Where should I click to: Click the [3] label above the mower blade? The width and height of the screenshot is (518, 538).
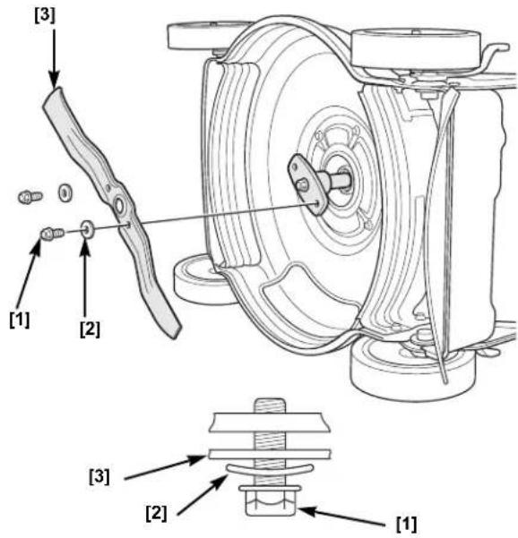(x=45, y=16)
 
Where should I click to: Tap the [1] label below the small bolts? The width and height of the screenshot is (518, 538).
(x=20, y=320)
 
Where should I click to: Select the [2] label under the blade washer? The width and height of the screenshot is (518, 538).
(x=90, y=329)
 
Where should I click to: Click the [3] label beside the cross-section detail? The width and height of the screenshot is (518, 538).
(x=99, y=476)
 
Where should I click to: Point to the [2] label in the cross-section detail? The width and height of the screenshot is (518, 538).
(x=156, y=514)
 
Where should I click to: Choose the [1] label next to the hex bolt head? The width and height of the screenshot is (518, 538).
(x=407, y=524)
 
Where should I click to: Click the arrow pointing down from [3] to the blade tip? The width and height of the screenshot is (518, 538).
(x=55, y=59)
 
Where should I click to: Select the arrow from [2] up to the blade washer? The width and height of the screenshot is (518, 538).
(x=85, y=278)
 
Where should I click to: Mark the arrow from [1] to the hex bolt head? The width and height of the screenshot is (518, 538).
(x=341, y=517)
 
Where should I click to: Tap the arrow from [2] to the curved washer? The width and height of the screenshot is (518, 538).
(x=202, y=495)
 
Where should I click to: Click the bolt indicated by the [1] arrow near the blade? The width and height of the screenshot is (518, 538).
(x=52, y=234)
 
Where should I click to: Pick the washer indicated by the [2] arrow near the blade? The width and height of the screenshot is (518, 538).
(x=87, y=229)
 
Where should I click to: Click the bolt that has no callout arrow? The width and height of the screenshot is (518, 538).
(x=30, y=197)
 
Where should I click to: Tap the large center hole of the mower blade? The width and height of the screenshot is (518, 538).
(x=119, y=206)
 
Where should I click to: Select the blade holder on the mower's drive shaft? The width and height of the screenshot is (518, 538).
(x=307, y=184)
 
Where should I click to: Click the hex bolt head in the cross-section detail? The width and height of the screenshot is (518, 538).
(x=270, y=501)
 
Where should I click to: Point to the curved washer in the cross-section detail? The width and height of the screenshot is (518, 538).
(x=270, y=471)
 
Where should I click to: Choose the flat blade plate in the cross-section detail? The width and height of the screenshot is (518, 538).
(x=270, y=454)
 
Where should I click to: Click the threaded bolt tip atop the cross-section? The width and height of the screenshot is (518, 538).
(x=270, y=406)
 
